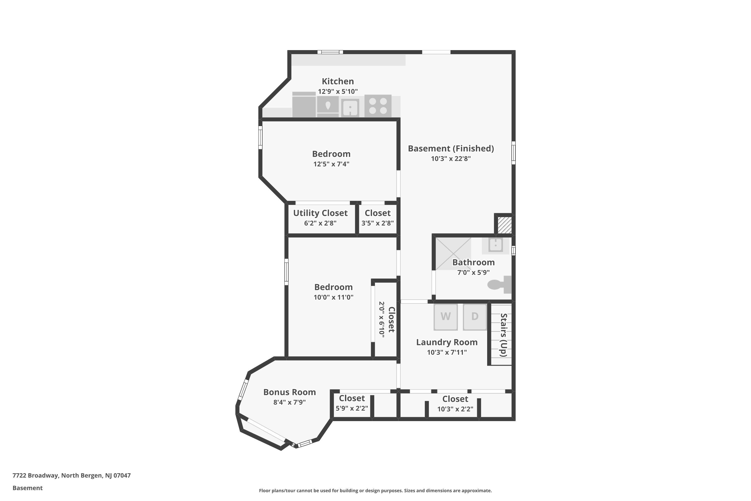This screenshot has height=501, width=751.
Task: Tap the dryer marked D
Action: pyautogui.click(x=475, y=317)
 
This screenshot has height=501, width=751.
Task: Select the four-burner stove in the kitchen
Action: pyautogui.click(x=378, y=106)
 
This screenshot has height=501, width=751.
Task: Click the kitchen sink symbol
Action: pyautogui.click(x=350, y=108)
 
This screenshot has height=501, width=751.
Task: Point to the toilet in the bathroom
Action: pyautogui.click(x=499, y=284)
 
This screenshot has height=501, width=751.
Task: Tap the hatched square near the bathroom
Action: pyautogui.click(x=505, y=225)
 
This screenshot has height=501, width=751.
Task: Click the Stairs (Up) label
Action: pyautogui.click(x=503, y=335)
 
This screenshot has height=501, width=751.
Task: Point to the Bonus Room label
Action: pyautogui.click(x=290, y=392)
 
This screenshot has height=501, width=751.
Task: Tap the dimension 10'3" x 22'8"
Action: pyautogui.click(x=451, y=159)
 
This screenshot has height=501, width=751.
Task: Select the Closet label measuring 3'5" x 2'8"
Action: pyautogui.click(x=378, y=213)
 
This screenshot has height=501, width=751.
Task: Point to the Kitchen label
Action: pyautogui.click(x=338, y=81)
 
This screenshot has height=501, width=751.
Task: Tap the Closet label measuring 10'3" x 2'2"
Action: pyautogui.click(x=455, y=399)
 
